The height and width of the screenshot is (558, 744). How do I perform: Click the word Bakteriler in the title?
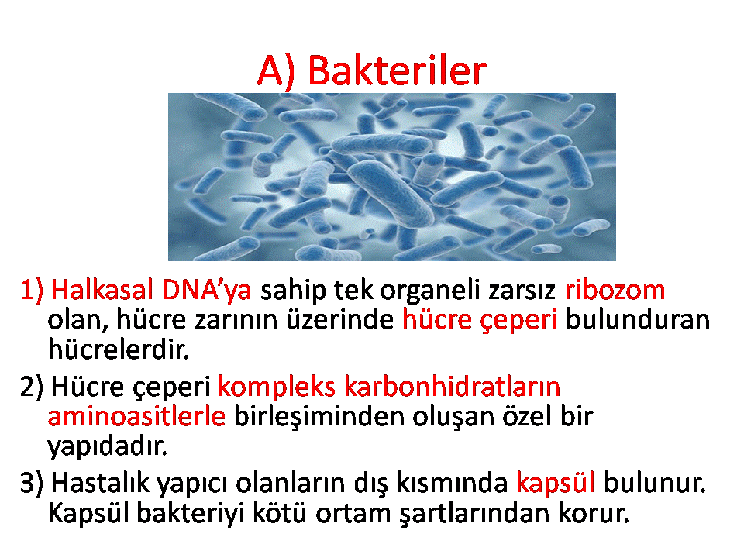click(x=397, y=71)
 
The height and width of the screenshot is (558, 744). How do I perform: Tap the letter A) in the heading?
click(x=276, y=71)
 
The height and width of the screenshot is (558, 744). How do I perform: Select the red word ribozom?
click(x=615, y=289)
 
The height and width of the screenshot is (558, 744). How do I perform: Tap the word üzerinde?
click(x=339, y=319)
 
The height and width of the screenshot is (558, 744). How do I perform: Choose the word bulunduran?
click(x=638, y=319)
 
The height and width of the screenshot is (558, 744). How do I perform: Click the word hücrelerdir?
click(x=119, y=349)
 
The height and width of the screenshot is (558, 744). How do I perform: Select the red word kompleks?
click(x=277, y=387)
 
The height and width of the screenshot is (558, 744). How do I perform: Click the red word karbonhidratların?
click(x=452, y=386)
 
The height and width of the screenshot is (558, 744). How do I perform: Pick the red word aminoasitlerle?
click(x=136, y=416)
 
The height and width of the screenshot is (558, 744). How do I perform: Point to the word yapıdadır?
click(x=108, y=446)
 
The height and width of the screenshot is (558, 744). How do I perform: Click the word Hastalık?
click(x=100, y=483)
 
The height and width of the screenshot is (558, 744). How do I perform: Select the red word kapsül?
click(x=556, y=484)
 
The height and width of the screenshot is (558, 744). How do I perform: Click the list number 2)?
click(x=31, y=387)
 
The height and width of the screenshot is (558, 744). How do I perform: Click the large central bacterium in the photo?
click(x=390, y=191)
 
